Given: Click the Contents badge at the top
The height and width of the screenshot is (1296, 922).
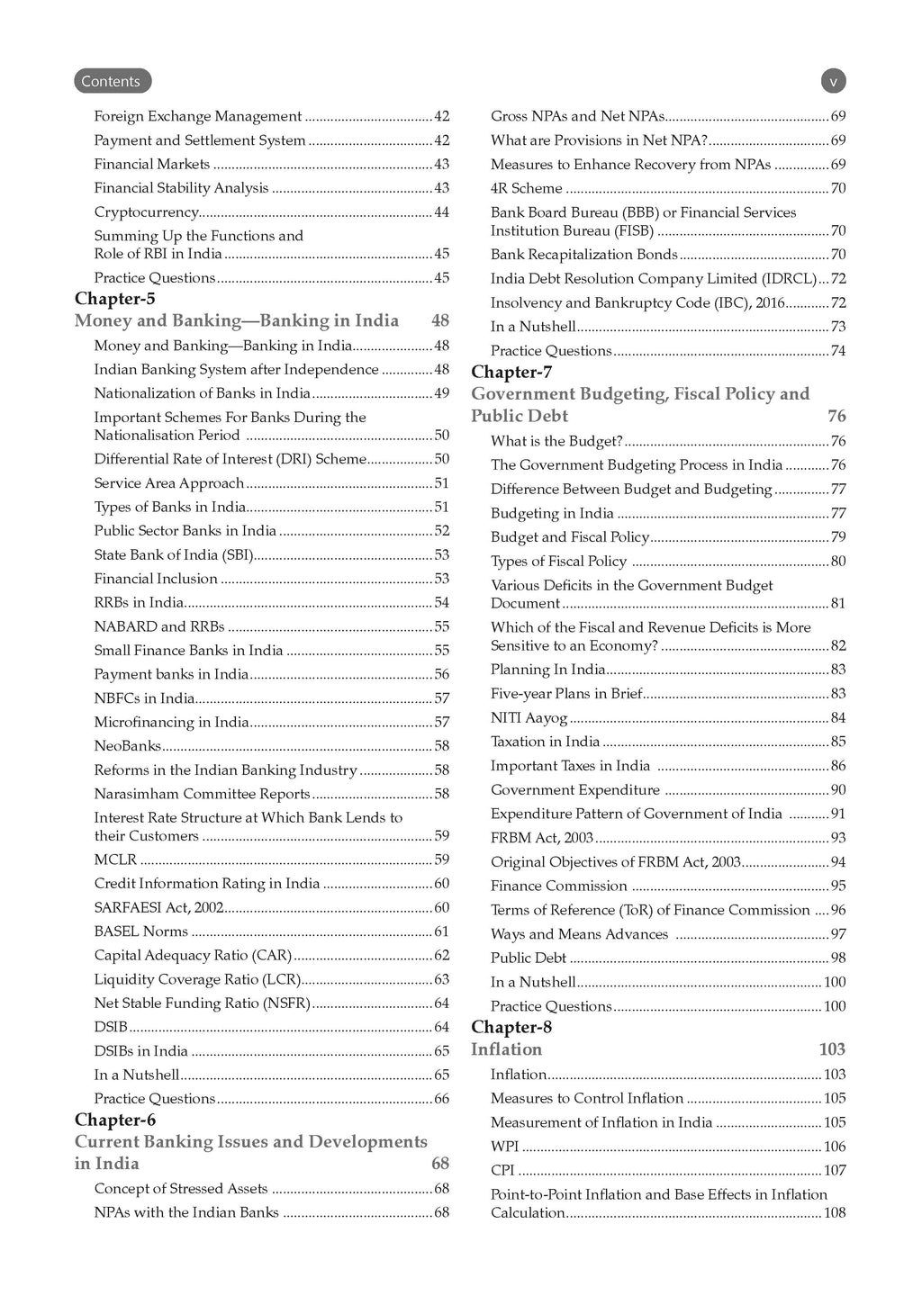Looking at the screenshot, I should coord(112,81).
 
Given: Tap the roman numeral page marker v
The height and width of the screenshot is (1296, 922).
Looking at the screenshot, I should coord(833,81).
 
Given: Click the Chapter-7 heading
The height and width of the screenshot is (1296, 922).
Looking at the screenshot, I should coord(511,372).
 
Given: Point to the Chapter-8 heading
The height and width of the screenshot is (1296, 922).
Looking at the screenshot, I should coord(511,1027).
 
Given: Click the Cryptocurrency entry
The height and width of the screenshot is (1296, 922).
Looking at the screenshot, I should coord(147,212).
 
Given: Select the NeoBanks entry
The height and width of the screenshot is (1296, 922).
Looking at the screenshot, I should coord(128,746).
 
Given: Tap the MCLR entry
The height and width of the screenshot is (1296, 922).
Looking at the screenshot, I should coord(115,859).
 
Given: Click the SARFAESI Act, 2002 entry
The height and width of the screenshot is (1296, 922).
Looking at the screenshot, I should coord(158,907).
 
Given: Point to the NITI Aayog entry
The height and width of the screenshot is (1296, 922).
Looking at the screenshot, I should coord(529,717).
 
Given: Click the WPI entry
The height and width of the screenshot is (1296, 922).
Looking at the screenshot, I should coord(505,1147).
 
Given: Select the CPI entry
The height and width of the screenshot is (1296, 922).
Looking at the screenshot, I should coord(502,1170).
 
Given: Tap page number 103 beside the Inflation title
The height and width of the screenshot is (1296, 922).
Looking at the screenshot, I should coord(832,1049).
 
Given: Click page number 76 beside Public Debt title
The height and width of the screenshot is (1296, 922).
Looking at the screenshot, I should coord(836,416).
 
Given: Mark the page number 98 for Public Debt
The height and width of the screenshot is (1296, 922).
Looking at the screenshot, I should coord(837,958).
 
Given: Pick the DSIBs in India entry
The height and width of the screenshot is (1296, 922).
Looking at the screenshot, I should coord(141,1051).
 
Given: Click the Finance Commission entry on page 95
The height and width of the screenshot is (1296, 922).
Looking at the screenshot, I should coord(559,886).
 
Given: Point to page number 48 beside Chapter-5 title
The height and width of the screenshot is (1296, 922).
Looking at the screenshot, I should coord(439,321).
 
